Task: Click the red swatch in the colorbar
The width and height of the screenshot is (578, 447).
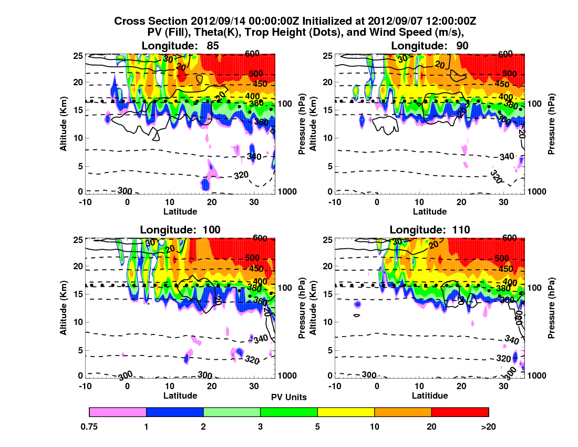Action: (460, 412)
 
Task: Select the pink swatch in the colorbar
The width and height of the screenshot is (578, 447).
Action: (118, 412)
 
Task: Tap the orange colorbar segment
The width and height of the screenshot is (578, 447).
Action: (402, 412)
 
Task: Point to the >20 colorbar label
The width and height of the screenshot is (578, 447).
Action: (488, 427)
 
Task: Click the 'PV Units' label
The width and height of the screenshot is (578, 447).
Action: (289, 397)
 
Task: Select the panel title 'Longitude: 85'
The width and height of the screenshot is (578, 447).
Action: (180, 46)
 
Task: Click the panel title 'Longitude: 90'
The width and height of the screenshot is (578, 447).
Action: (429, 46)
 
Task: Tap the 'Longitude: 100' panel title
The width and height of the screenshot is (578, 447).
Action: (180, 229)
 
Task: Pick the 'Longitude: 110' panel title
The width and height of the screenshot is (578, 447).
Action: (429, 229)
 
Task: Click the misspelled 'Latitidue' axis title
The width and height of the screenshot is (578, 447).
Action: (429, 395)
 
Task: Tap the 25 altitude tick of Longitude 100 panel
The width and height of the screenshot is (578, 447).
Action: (75, 239)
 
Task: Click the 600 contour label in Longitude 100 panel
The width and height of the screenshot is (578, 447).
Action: (257, 238)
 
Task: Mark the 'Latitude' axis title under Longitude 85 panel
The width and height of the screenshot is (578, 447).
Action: (180, 211)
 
